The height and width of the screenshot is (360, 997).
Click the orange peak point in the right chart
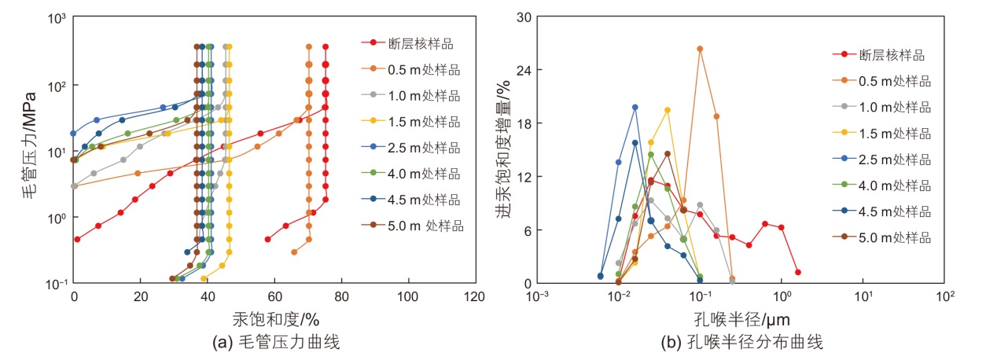700,49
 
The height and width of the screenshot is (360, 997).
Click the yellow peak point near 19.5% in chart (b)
668,110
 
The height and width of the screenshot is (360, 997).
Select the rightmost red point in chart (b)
797,272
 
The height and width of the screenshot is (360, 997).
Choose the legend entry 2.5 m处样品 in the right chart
895,159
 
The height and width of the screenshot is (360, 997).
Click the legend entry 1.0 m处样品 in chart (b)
895,107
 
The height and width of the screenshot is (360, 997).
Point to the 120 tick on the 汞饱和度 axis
475,297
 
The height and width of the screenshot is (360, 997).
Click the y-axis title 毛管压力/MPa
28,149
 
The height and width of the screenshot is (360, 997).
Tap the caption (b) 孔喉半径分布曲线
741,342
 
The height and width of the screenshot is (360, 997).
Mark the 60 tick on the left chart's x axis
274,297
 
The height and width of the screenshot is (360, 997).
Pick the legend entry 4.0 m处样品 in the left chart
424,173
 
